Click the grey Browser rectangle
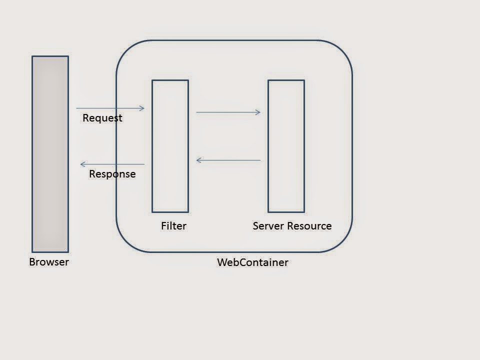(x=50, y=154)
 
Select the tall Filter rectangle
(x=170, y=146)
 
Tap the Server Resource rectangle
(x=286, y=146)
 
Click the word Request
(x=102, y=118)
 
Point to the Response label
(x=112, y=174)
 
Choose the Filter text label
(x=173, y=226)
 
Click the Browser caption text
(x=49, y=262)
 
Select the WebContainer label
(x=252, y=262)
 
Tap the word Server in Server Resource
(x=266, y=226)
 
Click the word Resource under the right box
(x=307, y=226)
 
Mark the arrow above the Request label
(x=110, y=108)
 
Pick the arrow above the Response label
(x=112, y=164)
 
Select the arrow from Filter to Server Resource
(x=228, y=112)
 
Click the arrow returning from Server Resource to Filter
(x=228, y=160)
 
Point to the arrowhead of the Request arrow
(x=142, y=108)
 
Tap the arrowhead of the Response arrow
(x=83, y=164)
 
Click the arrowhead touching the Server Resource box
(x=258, y=112)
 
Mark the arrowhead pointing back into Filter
(x=199, y=160)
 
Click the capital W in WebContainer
(x=221, y=262)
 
